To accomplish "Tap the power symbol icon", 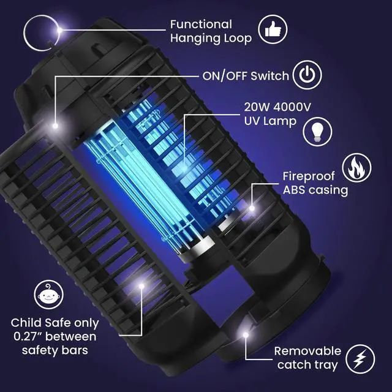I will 309,75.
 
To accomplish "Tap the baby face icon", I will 48,296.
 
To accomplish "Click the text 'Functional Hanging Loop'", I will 210,31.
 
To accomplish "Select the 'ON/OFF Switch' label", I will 245,76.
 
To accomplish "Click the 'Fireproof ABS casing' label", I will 315,183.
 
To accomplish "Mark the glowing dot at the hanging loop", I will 59,29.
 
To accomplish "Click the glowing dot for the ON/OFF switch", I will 55,126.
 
